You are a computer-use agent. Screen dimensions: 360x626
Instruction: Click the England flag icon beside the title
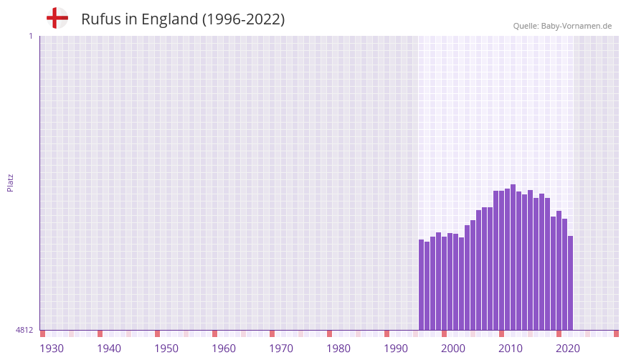(x=57, y=18)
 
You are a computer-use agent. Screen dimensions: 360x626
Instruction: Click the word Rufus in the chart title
(x=101, y=19)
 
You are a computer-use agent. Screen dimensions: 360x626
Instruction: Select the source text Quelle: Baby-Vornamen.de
(x=562, y=26)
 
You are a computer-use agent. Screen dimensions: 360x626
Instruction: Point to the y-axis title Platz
(x=10, y=182)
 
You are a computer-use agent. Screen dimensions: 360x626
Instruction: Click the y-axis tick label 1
(x=30, y=36)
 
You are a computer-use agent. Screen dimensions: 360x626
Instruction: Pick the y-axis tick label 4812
(x=24, y=330)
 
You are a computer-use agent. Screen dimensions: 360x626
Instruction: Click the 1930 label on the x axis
(x=52, y=349)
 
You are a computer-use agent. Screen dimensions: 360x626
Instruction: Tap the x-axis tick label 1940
(x=109, y=349)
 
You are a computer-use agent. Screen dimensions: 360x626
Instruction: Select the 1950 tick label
(x=166, y=349)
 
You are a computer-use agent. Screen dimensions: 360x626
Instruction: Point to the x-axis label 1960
(x=224, y=349)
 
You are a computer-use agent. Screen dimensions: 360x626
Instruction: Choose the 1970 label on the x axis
(x=281, y=349)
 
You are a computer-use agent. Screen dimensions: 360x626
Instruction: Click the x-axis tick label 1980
(x=338, y=349)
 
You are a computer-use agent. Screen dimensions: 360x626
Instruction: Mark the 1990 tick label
(x=396, y=349)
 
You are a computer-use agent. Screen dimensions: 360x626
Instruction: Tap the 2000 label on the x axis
(x=453, y=349)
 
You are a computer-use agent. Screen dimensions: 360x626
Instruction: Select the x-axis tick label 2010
(x=511, y=349)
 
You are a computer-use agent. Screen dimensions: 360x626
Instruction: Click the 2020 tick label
(x=568, y=349)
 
